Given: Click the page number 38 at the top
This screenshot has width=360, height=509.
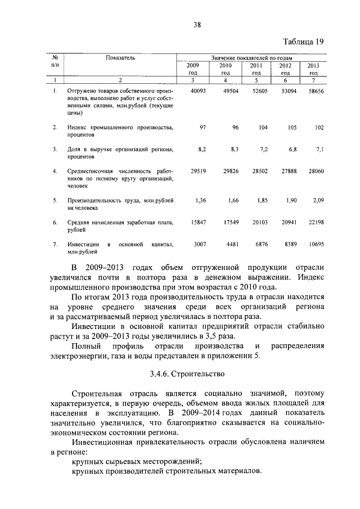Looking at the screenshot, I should coord(198,25).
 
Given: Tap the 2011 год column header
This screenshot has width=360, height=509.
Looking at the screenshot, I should coord(256,69).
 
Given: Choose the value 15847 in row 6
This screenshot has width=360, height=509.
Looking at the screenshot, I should coord(199,222).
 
